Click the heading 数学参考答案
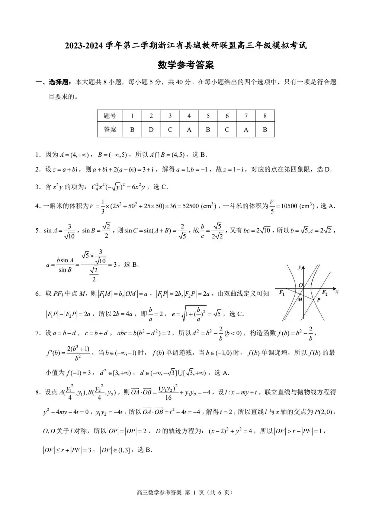click(x=186, y=65)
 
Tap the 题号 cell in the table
click(x=110, y=116)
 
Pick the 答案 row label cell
click(x=110, y=130)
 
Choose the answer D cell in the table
click(x=151, y=130)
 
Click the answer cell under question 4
click(x=189, y=130)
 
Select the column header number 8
click(x=265, y=116)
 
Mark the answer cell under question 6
click(x=227, y=130)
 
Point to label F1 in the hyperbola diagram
click(x=282, y=293)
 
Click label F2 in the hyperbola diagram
click(x=324, y=292)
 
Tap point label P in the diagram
click(x=318, y=299)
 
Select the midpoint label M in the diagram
click(x=300, y=299)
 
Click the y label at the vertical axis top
click(x=299, y=267)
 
